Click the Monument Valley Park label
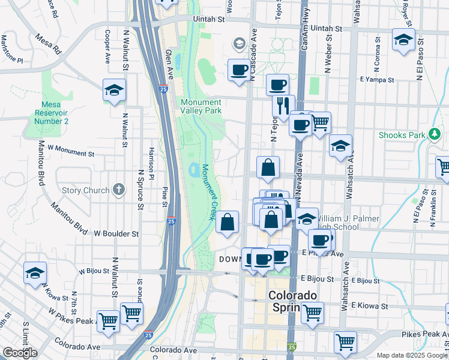[x=202, y=106]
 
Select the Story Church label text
[x=86, y=191]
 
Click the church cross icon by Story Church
[x=119, y=190]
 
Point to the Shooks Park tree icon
[x=434, y=134]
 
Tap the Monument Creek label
[x=208, y=192]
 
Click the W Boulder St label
[x=116, y=233]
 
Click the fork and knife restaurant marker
[x=283, y=106]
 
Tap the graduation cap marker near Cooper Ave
[x=113, y=90]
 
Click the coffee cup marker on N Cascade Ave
[x=239, y=70]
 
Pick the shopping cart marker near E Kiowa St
[x=312, y=312]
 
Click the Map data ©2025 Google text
[x=412, y=355]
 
